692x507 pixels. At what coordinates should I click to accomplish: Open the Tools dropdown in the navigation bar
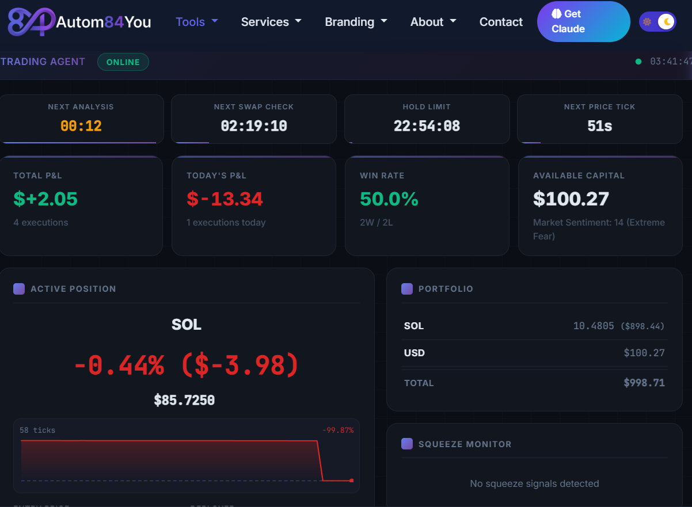(196, 22)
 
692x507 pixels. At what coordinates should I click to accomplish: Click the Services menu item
(271, 22)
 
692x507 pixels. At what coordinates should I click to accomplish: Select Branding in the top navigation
(355, 22)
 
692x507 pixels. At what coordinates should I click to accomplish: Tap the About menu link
(433, 22)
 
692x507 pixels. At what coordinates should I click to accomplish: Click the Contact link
(501, 22)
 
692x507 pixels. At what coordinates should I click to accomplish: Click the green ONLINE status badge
(123, 62)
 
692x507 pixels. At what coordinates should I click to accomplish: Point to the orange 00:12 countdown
(81, 126)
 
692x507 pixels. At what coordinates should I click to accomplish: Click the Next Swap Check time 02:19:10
(254, 126)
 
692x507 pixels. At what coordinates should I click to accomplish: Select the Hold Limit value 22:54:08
(427, 126)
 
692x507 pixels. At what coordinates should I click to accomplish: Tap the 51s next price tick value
(599, 126)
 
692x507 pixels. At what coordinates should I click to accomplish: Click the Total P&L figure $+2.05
(45, 199)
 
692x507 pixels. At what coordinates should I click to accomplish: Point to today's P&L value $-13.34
(225, 199)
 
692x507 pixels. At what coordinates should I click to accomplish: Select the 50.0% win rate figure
(389, 199)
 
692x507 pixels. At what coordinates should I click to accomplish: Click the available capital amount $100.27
(571, 199)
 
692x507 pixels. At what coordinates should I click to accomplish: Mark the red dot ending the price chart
(352, 481)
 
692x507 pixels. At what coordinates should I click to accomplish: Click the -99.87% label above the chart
(338, 430)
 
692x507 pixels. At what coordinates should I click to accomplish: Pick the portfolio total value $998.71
(644, 383)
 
